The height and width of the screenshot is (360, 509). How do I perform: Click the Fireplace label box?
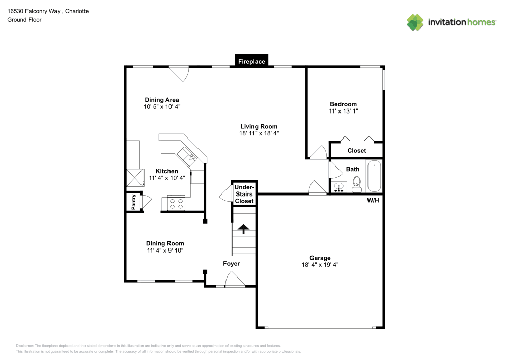click(x=251, y=61)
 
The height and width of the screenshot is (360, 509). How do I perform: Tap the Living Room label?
click(x=259, y=127)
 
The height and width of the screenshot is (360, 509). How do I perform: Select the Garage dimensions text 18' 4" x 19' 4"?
click(x=320, y=265)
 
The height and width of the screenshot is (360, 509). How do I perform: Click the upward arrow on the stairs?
click(x=243, y=229)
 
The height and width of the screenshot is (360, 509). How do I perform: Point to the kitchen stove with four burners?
click(x=176, y=203)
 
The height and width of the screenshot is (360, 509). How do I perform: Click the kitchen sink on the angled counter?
click(x=187, y=156)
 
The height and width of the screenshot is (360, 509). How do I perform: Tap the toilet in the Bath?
click(x=357, y=184)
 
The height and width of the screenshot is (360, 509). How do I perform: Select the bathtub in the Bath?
click(x=374, y=176)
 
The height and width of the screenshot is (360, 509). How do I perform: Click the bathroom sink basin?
click(x=339, y=187)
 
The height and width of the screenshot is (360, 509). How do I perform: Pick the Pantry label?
click(x=134, y=202)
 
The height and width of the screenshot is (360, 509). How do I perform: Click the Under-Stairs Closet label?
click(x=244, y=194)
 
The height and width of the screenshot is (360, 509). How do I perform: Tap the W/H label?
click(x=373, y=200)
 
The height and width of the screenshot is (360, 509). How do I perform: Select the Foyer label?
click(x=232, y=264)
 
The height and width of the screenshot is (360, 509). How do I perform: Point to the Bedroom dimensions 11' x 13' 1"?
click(x=344, y=111)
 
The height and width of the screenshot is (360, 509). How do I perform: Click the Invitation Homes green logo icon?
click(x=415, y=22)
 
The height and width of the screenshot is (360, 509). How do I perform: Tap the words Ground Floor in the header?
click(x=24, y=20)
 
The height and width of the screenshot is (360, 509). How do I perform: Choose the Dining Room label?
click(x=165, y=243)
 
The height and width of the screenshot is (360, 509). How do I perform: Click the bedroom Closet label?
click(x=357, y=151)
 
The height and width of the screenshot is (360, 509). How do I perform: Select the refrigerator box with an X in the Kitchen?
click(x=135, y=178)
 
